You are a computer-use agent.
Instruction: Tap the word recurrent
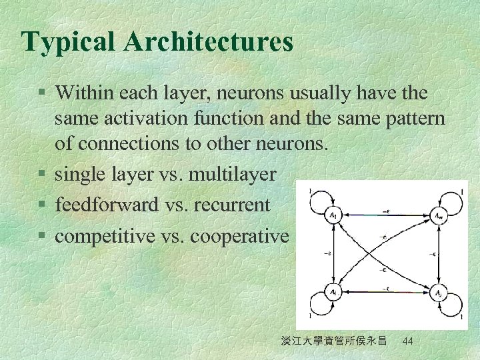(x=236, y=205)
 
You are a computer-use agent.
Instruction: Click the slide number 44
(x=409, y=341)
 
